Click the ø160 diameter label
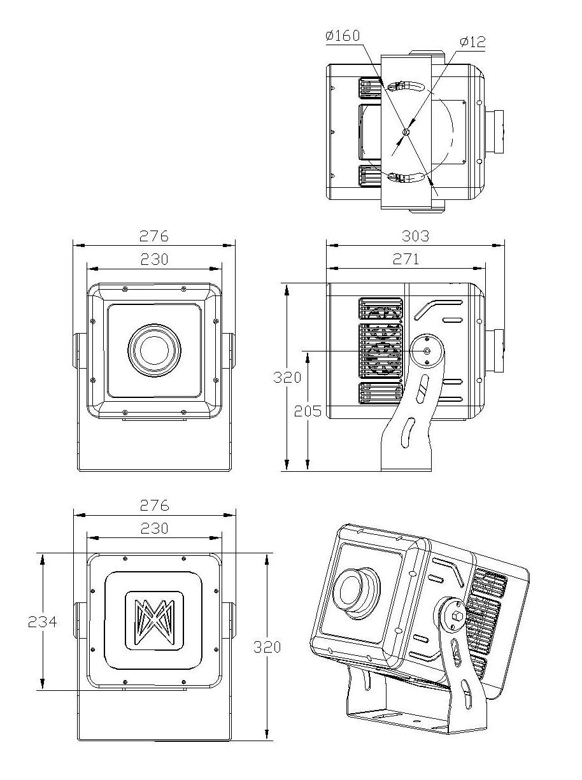point(343,36)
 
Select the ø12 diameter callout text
point(472,42)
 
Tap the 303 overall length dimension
point(415,236)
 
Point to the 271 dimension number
point(406,259)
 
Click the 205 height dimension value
point(308,411)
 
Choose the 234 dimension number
point(42,621)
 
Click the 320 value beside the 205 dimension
point(287,377)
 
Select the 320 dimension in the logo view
point(267,647)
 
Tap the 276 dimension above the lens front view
point(154,236)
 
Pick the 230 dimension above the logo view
point(154,528)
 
